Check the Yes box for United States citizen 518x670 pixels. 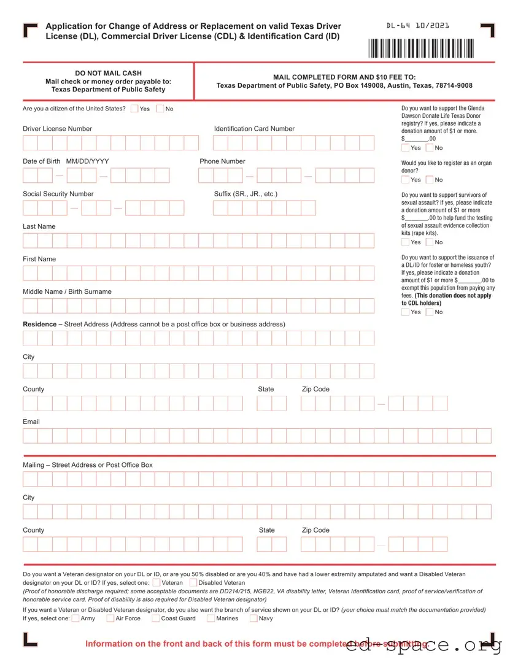pyautogui.click(x=134, y=109)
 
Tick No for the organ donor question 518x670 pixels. pyautogui.click(x=430, y=180)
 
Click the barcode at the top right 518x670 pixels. pyautogui.click(x=422, y=48)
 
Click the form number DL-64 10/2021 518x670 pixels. pyautogui.click(x=417, y=26)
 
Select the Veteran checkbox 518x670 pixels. pyautogui.click(x=157, y=582)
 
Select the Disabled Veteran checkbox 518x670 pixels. pyautogui.click(x=193, y=582)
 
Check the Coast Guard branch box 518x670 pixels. pyautogui.click(x=156, y=618)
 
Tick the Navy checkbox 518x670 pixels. pyautogui.click(x=253, y=618)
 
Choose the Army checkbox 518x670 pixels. pyautogui.click(x=75, y=618)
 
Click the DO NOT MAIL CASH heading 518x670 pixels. pyautogui.click(x=108, y=73)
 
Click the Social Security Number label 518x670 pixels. pyautogui.click(x=58, y=194)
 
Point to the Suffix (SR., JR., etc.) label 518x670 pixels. pyautogui.click(x=245, y=194)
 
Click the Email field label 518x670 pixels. pyautogui.click(x=31, y=422)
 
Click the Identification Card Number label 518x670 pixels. pyautogui.click(x=254, y=129)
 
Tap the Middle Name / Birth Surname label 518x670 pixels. pyautogui.click(x=67, y=291)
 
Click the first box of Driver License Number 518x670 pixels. pyautogui.click(x=30, y=143)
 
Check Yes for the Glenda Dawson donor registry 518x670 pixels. pyautogui.click(x=405, y=148)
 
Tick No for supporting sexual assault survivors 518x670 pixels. pyautogui.click(x=430, y=242)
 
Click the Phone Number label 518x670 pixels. pyautogui.click(x=222, y=161)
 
